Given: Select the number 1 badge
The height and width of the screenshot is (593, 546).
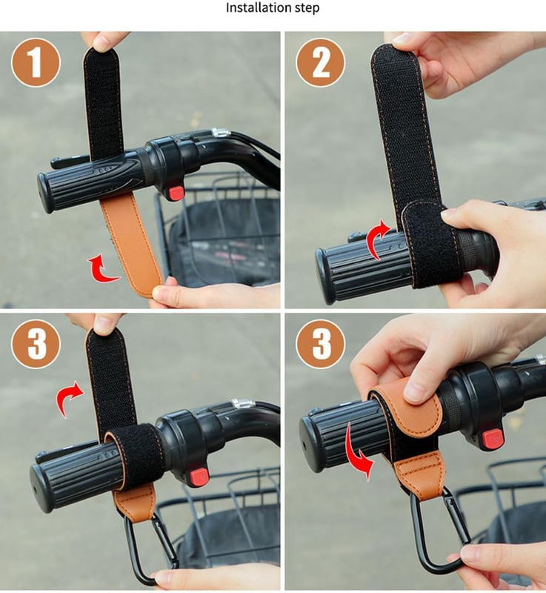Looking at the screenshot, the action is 36,62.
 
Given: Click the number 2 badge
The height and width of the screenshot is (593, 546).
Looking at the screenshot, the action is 321,62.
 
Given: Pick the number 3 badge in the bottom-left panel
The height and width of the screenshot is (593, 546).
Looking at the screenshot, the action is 36,344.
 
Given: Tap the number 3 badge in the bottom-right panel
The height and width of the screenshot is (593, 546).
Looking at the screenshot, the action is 321,344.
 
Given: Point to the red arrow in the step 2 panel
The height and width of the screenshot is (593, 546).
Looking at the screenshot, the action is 378,239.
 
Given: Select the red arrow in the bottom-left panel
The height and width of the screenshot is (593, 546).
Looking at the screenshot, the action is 67,398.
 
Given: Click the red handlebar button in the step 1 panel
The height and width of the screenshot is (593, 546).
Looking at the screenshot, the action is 176,193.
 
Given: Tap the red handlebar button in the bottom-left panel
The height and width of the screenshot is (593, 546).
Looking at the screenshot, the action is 199,477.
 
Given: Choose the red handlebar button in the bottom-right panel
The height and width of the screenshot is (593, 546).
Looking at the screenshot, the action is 493,439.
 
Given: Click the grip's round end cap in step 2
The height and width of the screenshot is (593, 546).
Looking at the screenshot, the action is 324,276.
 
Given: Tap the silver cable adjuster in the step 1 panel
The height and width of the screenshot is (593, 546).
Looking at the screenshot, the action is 221,133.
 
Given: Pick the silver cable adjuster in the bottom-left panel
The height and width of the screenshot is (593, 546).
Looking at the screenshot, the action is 241,403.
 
